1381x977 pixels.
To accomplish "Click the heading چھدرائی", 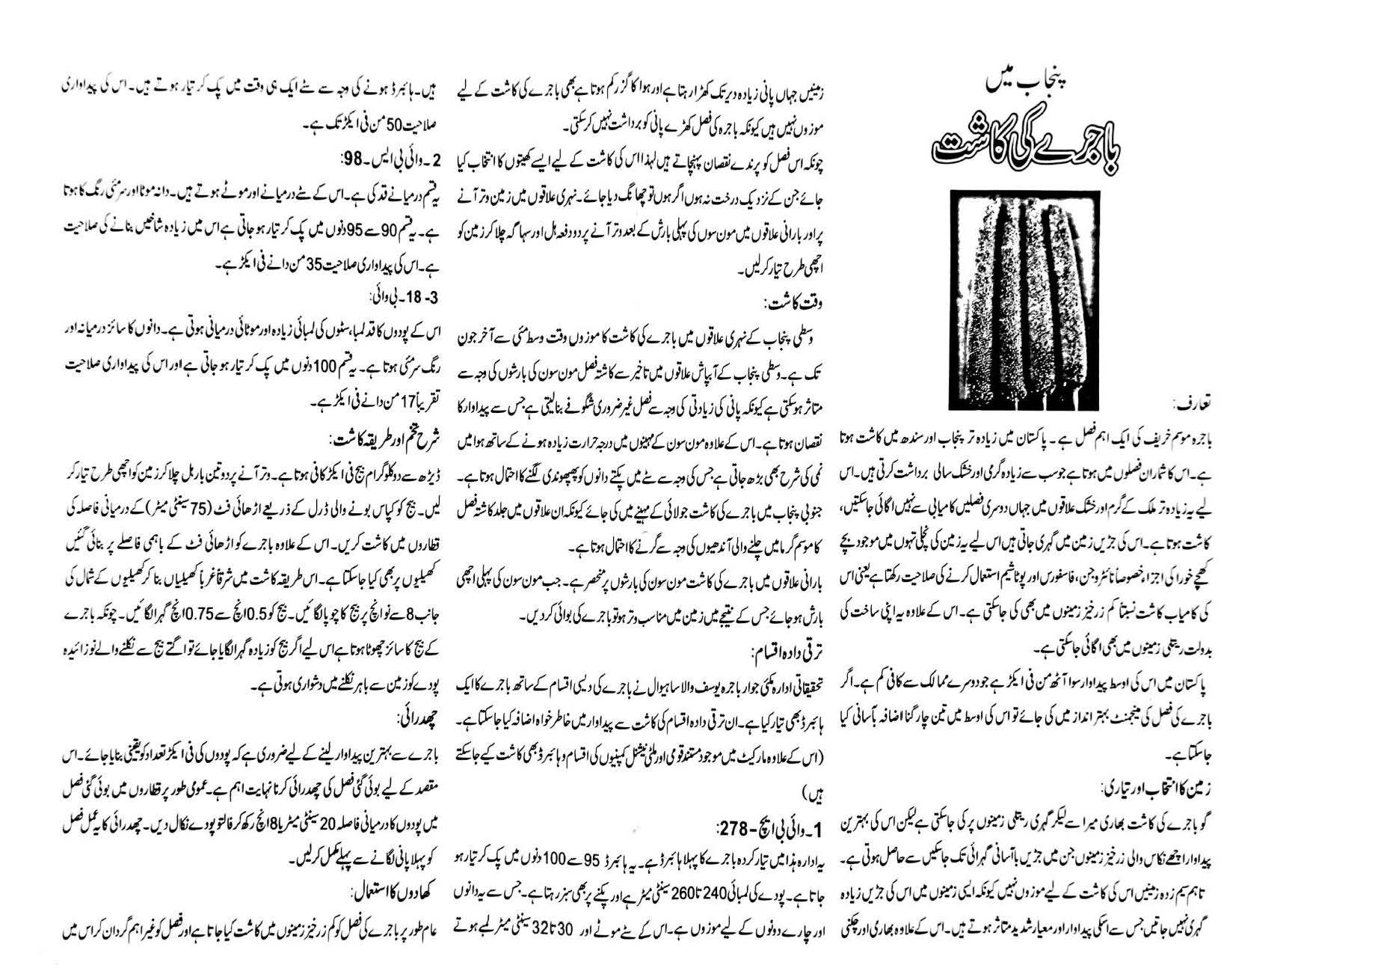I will [421, 720].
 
